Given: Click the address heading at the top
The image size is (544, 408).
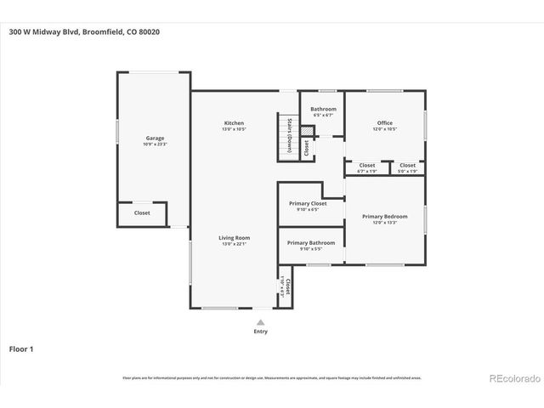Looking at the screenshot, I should [83, 32].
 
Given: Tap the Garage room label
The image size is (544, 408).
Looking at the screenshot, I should [154, 138].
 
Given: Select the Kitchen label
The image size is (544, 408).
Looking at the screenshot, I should [234, 123].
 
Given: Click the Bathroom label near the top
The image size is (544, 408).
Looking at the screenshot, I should [323, 109].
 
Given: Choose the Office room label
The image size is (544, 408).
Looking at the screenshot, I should [385, 123].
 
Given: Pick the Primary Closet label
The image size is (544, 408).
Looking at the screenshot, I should [308, 203].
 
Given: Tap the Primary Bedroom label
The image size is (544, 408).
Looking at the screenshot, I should [385, 217].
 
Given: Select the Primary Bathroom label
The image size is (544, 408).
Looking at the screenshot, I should [311, 243].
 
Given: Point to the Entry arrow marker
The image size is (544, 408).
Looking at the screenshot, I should [261, 322].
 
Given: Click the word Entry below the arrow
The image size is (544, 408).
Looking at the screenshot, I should [261, 331].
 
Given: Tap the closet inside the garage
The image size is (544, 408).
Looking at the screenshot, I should [142, 213].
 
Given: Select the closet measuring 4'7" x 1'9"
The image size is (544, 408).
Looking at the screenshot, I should [367, 166].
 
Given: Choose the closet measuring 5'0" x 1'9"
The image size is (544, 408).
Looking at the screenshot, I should [408, 166].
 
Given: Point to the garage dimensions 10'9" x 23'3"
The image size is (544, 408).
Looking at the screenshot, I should [154, 144].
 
